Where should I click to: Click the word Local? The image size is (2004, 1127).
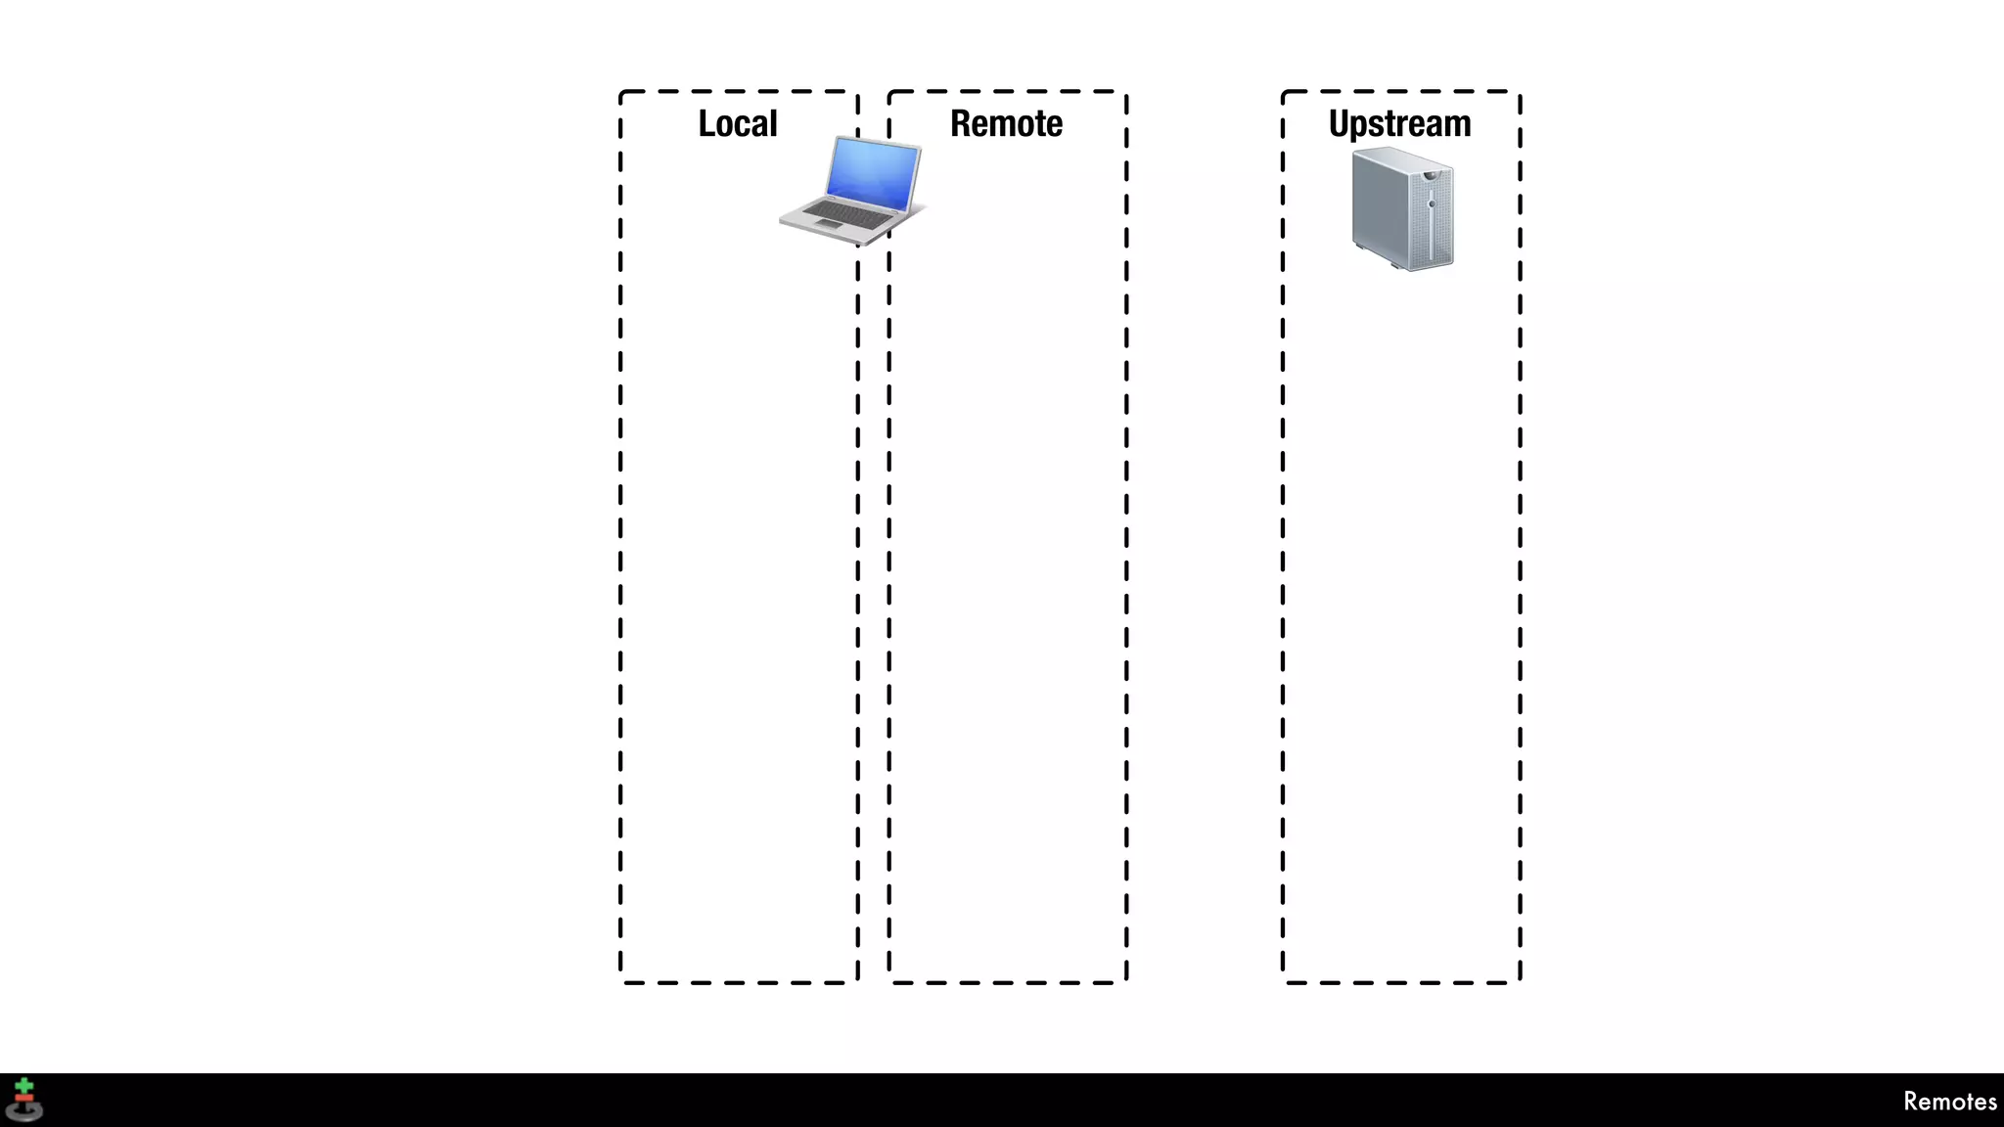coord(737,124)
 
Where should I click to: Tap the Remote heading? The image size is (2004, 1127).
coord(1006,124)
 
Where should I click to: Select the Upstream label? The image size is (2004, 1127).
coord(1399,124)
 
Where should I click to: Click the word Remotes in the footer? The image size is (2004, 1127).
coord(1949,1102)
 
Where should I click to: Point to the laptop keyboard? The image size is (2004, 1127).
coord(847,210)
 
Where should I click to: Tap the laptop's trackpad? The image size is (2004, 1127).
coord(827,225)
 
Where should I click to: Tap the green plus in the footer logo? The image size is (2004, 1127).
coord(24,1087)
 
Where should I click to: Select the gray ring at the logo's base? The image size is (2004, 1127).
coord(24,1111)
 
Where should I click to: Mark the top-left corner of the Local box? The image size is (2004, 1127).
coord(621,93)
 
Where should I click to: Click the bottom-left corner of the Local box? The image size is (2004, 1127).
coord(621,981)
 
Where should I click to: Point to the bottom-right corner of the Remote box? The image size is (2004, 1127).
coord(1125,981)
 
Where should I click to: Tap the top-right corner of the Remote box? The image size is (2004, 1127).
coord(1125,93)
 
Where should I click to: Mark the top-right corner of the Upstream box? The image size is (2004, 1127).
coord(1519,93)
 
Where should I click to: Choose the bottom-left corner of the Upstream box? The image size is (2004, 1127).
coord(1284,981)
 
